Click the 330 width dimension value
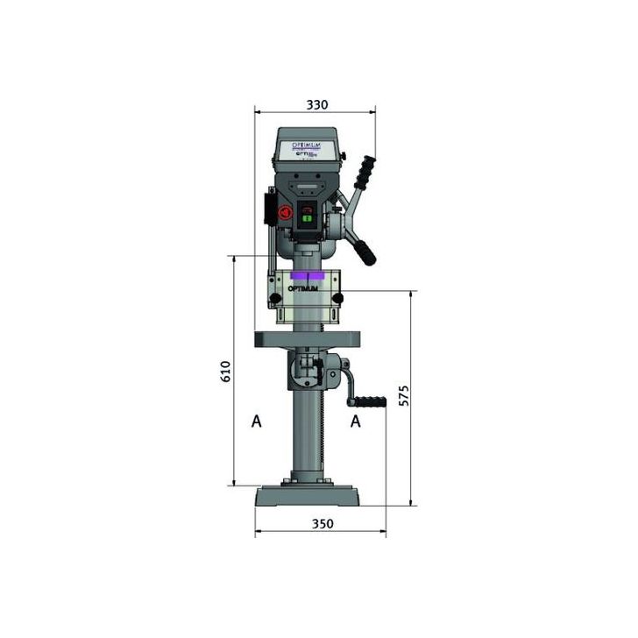pos(316,104)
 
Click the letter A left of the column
pos(256,422)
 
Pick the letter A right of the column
pos(356,422)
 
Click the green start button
pos(307,223)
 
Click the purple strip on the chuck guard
pos(306,275)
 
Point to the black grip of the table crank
pos(369,402)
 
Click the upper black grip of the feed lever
pos(364,170)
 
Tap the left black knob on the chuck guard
pos(277,301)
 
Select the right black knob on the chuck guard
pos(337,301)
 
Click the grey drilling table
pos(307,340)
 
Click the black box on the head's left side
pos(271,209)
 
